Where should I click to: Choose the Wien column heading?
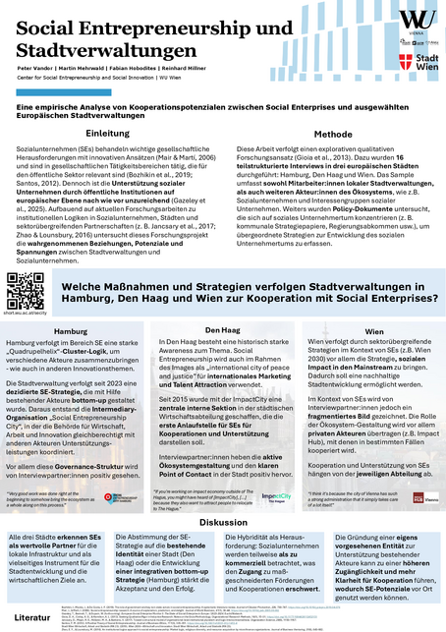(374, 331)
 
